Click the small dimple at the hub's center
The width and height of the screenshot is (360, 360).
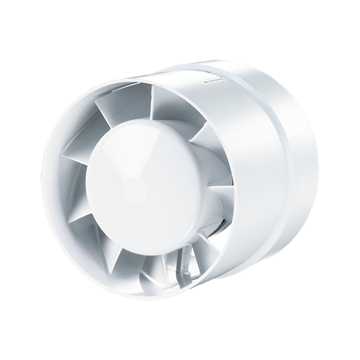135,184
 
